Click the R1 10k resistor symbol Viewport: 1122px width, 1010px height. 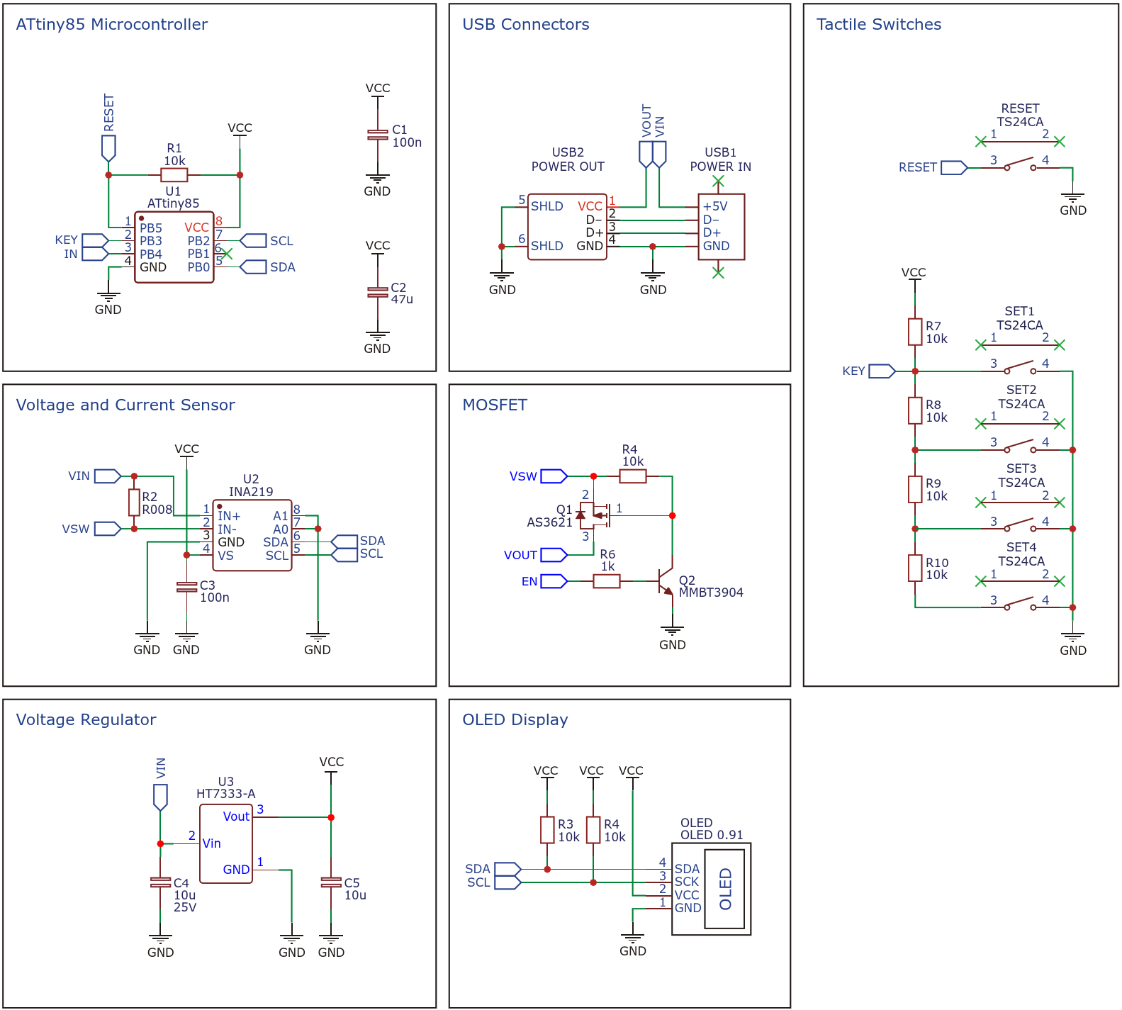(x=174, y=175)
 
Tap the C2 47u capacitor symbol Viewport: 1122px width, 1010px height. (x=378, y=291)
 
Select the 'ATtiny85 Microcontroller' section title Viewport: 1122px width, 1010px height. (x=112, y=24)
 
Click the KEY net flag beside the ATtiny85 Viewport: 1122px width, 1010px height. (x=95, y=240)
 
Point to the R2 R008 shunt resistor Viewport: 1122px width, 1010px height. (x=134, y=503)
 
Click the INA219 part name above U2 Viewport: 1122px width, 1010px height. (x=251, y=492)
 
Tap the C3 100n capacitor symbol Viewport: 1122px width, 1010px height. (x=186, y=587)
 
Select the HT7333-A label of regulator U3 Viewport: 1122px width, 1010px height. (x=226, y=794)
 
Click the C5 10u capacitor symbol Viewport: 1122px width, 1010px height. (x=331, y=882)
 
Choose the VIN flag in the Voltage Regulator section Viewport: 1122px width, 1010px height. (x=161, y=797)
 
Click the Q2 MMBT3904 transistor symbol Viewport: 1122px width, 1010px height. (x=666, y=581)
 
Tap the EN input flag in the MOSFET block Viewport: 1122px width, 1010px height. (x=554, y=581)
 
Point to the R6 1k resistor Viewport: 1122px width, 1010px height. (x=607, y=581)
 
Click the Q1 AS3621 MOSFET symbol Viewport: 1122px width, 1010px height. (x=594, y=515)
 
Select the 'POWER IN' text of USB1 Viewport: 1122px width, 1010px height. (x=721, y=167)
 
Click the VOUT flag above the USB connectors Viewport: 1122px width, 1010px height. (x=646, y=154)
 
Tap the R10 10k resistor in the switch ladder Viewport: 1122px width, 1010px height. (x=915, y=568)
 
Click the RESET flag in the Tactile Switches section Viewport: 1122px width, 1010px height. (x=954, y=167)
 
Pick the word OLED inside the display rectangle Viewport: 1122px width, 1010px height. (x=725, y=889)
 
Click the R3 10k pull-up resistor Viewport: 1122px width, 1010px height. (x=547, y=830)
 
